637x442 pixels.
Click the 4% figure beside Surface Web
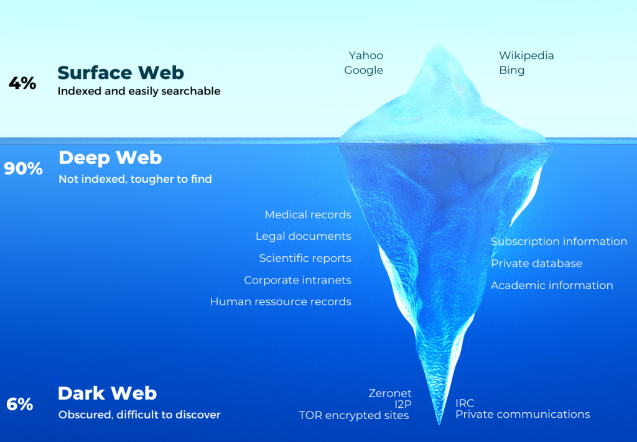coord(22,83)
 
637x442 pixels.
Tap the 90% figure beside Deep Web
coord(23,168)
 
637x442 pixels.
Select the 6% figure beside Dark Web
coord(19,404)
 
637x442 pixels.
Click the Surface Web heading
coord(121,73)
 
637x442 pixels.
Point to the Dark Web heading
coord(107,394)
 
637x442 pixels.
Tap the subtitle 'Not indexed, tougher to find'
coord(135,179)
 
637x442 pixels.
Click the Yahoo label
coord(366,55)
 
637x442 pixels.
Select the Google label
coord(363,71)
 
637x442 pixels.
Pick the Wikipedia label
coord(526,55)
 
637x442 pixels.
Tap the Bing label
coord(512,71)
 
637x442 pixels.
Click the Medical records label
coord(308,214)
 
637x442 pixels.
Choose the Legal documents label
coord(304,237)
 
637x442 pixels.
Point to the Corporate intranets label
coord(298,280)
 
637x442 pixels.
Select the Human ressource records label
coord(281,302)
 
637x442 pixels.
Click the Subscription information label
coord(559,241)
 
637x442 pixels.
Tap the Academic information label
coord(552,286)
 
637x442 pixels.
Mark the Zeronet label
coord(390,394)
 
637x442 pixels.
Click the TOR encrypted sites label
coord(354,416)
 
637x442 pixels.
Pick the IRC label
coord(465,403)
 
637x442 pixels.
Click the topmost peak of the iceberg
coord(437,44)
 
